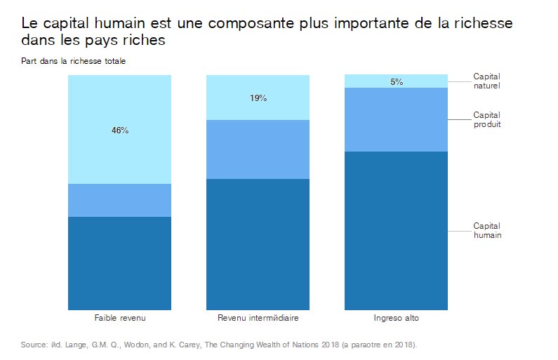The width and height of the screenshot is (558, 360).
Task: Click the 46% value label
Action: pyautogui.click(x=120, y=131)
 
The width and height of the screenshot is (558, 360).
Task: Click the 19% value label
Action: pyautogui.click(x=258, y=98)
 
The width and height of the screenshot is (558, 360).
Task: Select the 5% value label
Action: pyautogui.click(x=397, y=81)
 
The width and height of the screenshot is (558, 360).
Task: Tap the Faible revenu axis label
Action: pyautogui.click(x=120, y=318)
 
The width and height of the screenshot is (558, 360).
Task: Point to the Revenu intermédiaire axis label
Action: pyautogui.click(x=258, y=318)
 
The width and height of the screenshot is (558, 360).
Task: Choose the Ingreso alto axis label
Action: pyautogui.click(x=397, y=318)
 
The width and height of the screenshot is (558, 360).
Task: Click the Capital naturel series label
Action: pyautogui.click(x=486, y=81)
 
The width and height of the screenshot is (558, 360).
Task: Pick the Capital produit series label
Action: pyautogui.click(x=486, y=119)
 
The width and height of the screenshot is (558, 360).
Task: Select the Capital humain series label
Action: pyautogui.click(x=486, y=231)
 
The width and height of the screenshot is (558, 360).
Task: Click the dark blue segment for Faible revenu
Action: pyautogui.click(x=120, y=263)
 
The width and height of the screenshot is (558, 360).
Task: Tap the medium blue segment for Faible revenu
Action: pyautogui.click(x=120, y=200)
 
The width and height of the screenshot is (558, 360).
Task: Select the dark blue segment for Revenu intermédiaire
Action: pyautogui.click(x=258, y=244)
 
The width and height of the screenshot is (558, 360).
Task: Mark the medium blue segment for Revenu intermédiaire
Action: pyautogui.click(x=258, y=149)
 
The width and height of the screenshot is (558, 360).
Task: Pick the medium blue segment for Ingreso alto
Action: pyautogui.click(x=397, y=119)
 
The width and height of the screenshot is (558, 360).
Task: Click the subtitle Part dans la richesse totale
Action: pyautogui.click(x=73, y=61)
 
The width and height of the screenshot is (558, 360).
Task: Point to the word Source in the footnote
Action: pyautogui.click(x=33, y=345)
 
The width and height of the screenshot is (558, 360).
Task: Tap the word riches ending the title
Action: pyautogui.click(x=144, y=41)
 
